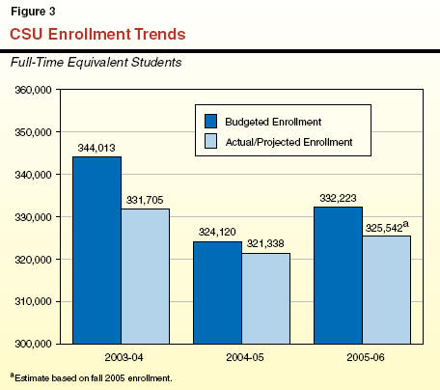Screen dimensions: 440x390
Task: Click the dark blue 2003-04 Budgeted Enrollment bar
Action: tap(96, 250)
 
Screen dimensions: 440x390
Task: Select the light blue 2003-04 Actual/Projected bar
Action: tap(146, 276)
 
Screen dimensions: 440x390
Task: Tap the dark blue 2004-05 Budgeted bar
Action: tap(217, 292)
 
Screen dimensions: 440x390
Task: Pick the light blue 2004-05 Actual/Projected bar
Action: tap(266, 298)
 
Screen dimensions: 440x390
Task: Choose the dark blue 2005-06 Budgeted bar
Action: tap(338, 275)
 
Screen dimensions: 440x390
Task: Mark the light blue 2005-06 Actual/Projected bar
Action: tap(387, 290)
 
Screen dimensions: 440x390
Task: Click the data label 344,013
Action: tap(96, 148)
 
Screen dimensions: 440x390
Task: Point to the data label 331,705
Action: tap(145, 200)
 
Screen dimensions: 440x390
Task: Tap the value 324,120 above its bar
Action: tap(217, 232)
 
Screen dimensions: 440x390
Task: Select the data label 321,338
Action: tap(265, 243)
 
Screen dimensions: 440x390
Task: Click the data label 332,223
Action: tap(338, 198)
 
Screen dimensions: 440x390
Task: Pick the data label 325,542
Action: tap(384, 228)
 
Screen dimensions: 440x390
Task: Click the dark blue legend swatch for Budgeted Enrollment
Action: tap(210, 122)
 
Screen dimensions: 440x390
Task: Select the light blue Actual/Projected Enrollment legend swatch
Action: tap(210, 141)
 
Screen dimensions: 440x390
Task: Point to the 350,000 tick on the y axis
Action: tap(33, 132)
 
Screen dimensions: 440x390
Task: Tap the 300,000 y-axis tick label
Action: tap(33, 344)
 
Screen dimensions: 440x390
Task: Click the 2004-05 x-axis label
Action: tap(245, 357)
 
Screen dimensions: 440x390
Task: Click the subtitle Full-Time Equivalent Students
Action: tap(96, 62)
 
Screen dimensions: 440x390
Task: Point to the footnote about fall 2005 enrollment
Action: tap(92, 377)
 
